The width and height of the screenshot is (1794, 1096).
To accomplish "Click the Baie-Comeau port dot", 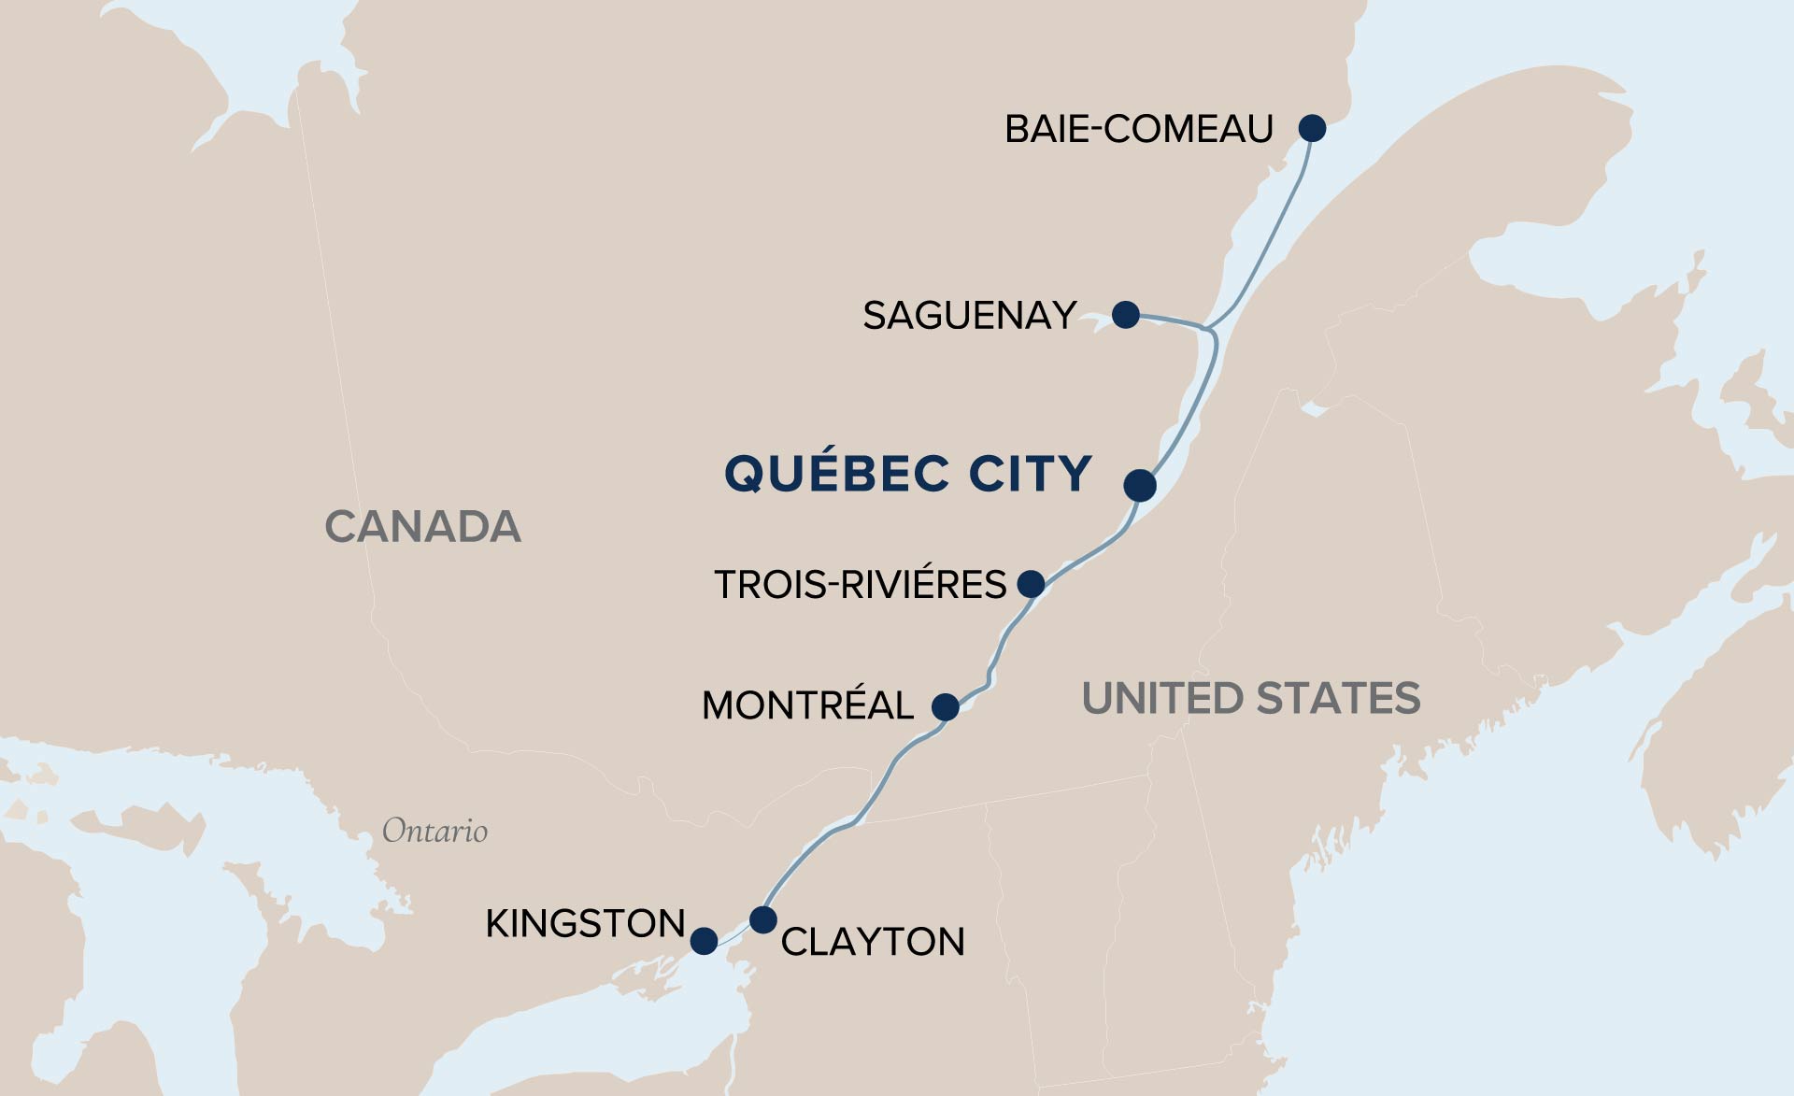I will point(1312,128).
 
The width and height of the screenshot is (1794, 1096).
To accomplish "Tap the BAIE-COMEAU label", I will point(1138,129).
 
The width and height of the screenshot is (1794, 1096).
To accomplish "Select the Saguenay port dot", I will point(1126,314).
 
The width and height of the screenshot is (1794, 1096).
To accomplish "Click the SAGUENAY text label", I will point(969,316).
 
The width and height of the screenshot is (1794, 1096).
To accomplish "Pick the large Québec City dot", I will point(1140,485).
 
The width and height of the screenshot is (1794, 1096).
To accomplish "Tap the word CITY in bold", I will point(1030,473).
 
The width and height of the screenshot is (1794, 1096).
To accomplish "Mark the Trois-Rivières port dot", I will point(1031,584).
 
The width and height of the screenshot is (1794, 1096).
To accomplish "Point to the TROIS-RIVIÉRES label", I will point(860,585).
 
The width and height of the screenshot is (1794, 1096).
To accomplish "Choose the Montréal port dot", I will point(946,706).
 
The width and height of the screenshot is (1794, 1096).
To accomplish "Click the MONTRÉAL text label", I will point(807,705).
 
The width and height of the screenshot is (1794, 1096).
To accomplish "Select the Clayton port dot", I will point(763,919).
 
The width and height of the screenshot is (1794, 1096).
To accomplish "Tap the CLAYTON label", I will point(873,942).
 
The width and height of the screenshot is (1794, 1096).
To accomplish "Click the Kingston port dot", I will point(704,940).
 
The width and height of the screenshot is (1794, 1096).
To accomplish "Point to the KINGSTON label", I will point(585,924).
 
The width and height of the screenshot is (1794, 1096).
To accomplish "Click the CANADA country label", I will point(422,527).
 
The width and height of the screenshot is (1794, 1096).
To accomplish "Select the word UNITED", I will point(1161,699).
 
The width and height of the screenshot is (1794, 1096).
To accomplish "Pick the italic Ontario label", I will point(434,831).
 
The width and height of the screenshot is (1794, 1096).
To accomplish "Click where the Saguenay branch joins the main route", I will point(1209,329).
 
